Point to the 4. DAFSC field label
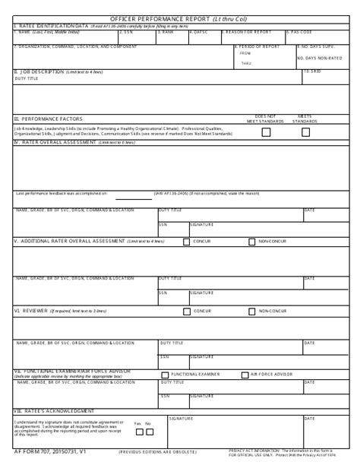coord(199,32)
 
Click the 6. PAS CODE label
coord(301,32)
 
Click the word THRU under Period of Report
coord(245,63)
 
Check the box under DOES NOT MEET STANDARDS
coord(266,131)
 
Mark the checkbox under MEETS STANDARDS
coord(305,131)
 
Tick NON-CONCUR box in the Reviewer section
coord(251,311)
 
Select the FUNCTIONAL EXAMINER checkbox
coord(166,375)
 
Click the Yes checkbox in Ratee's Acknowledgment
coord(137,431)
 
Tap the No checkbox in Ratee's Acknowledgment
coord(149,431)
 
